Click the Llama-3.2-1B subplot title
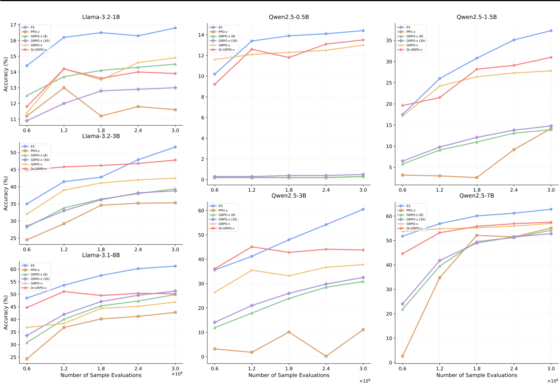coord(101,17)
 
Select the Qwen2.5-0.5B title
coord(289,17)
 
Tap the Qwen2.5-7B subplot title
coord(476,196)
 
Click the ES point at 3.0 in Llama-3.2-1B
coord(175,28)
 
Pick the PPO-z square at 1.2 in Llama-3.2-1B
coord(64,88)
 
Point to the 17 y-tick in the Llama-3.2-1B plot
coord(13,25)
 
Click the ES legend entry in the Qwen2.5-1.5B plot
coord(408,27)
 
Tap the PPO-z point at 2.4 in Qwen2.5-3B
coord(326,356)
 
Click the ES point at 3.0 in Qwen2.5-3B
coord(363,209)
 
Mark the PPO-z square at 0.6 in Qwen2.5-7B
coord(403,356)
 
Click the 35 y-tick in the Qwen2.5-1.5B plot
coord(389,40)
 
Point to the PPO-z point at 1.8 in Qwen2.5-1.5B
coord(477,177)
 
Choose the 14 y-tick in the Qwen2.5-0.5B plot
coord(201,35)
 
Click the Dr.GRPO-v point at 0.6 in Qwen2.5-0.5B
coord(215,84)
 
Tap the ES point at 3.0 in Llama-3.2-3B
coord(175,147)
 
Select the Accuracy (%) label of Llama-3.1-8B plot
coord(6,312)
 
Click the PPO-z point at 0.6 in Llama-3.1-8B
coord(27,359)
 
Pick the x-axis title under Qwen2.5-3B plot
coord(289,375)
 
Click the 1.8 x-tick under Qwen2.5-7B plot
coord(477,369)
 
